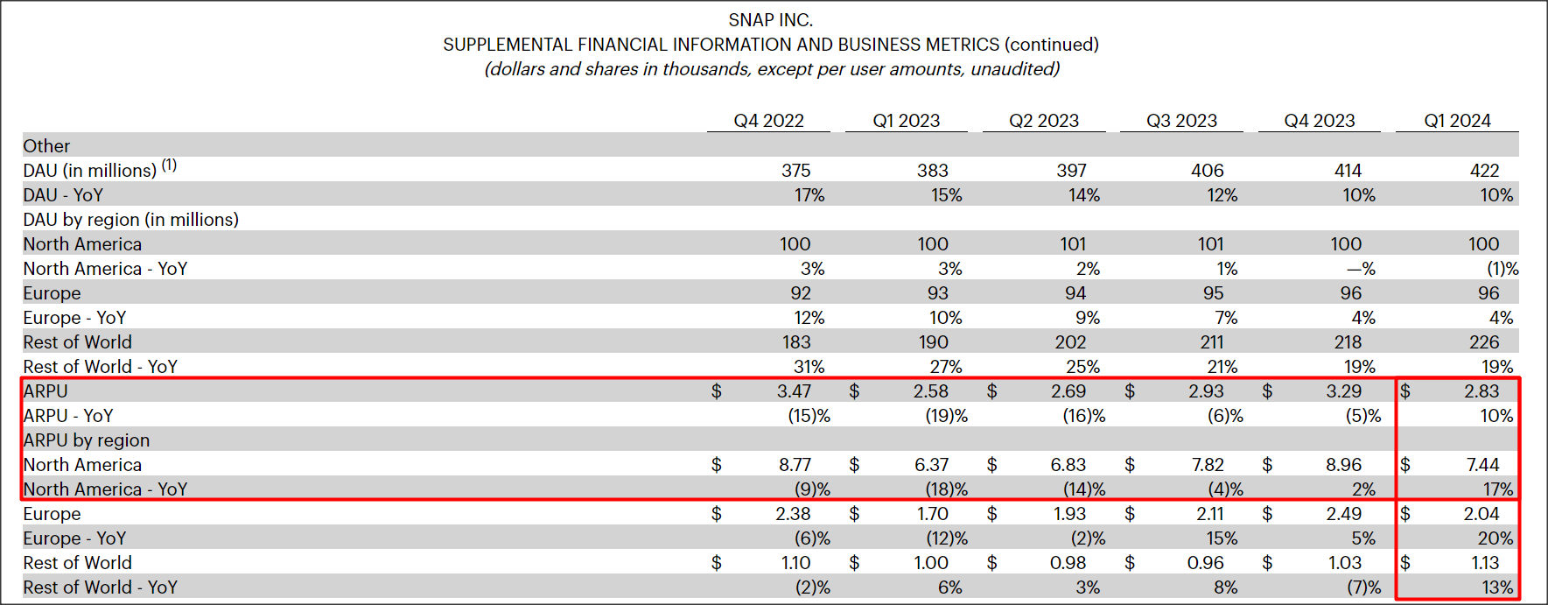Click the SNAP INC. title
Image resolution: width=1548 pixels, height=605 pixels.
pos(770,19)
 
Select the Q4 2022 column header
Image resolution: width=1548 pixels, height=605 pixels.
pos(768,121)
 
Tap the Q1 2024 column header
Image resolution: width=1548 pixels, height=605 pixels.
pos(1457,121)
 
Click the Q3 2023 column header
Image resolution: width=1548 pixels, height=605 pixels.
pos(1181,121)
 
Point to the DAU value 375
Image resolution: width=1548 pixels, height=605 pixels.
pos(795,171)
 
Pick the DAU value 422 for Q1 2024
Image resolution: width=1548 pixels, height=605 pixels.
pos(1484,171)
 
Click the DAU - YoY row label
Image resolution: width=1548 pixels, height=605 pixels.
pos(63,195)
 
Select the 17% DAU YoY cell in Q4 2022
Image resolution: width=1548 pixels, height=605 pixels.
pos(809,195)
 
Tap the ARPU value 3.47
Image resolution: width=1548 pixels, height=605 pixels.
pos(794,391)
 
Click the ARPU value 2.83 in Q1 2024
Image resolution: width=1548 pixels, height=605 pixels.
pos(1481,391)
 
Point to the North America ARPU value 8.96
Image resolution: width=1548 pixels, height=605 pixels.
pos(1343,465)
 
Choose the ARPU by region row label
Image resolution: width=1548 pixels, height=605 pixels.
pos(86,440)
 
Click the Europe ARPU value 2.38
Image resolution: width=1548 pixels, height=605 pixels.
pos(793,514)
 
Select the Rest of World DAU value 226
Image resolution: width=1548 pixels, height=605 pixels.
pos(1484,342)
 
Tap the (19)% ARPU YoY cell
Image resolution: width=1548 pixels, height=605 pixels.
pos(946,416)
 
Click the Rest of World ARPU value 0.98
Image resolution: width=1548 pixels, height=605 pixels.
pos(1068,563)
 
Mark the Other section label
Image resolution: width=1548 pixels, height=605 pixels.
pos(46,146)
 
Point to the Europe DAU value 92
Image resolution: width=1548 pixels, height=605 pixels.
pos(800,293)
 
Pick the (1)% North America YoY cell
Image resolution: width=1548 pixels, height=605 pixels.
pos(1502,269)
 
